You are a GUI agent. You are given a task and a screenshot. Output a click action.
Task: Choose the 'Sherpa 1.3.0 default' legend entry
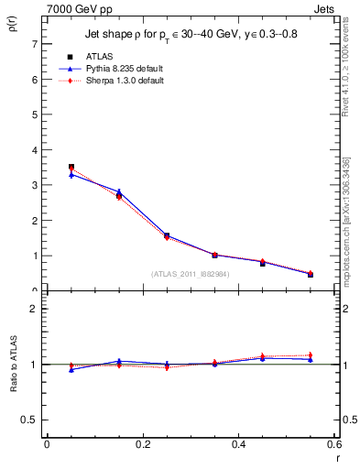(x=118, y=81)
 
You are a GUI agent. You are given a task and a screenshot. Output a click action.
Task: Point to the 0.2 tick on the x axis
(x=142, y=444)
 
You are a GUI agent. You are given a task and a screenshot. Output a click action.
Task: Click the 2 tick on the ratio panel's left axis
(x=34, y=310)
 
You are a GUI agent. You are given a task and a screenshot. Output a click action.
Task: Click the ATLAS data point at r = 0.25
(x=167, y=235)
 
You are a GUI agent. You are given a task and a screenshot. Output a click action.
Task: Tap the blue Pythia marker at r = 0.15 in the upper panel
(x=118, y=191)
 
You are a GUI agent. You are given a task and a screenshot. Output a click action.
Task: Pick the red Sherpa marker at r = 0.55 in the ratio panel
(x=311, y=355)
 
